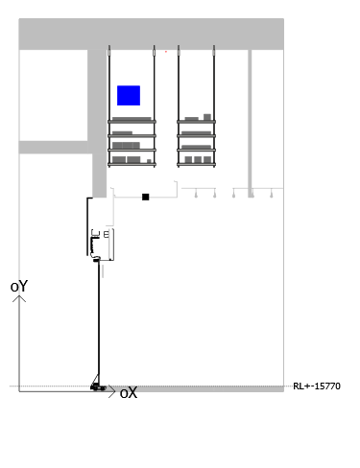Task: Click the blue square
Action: (x=129, y=95)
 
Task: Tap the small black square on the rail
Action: (x=145, y=197)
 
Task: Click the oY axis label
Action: (x=19, y=287)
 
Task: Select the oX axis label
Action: (x=129, y=393)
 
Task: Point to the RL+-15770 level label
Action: (x=317, y=386)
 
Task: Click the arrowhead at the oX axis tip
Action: (x=112, y=391)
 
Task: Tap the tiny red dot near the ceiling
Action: (x=166, y=52)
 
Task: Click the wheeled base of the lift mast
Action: (x=98, y=387)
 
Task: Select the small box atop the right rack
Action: (x=207, y=117)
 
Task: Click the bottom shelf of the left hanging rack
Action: (x=132, y=165)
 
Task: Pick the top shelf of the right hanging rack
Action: (x=196, y=122)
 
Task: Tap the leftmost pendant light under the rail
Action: (x=196, y=194)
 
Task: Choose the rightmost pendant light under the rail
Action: (x=272, y=194)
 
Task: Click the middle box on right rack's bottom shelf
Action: (x=198, y=159)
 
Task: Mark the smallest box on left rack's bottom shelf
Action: (x=149, y=161)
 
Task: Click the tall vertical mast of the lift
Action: (x=99, y=319)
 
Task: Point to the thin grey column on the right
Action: (x=250, y=124)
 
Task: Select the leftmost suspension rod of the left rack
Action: (x=109, y=105)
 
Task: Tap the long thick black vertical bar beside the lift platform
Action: (x=87, y=226)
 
